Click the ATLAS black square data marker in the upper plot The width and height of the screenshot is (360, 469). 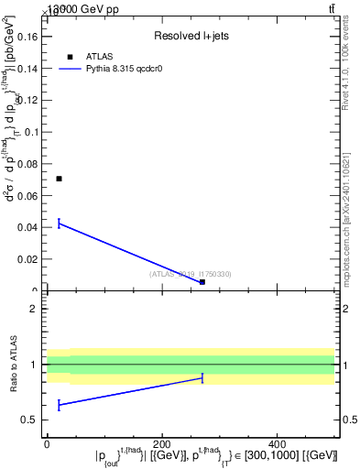[59, 179]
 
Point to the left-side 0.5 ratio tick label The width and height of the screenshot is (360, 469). [29, 420]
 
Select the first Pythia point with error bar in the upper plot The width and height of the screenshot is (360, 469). [59, 223]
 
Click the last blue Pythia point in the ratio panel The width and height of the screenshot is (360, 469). [202, 377]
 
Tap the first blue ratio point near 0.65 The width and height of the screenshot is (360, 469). [59, 404]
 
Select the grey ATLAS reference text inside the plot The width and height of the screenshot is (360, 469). [191, 274]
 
